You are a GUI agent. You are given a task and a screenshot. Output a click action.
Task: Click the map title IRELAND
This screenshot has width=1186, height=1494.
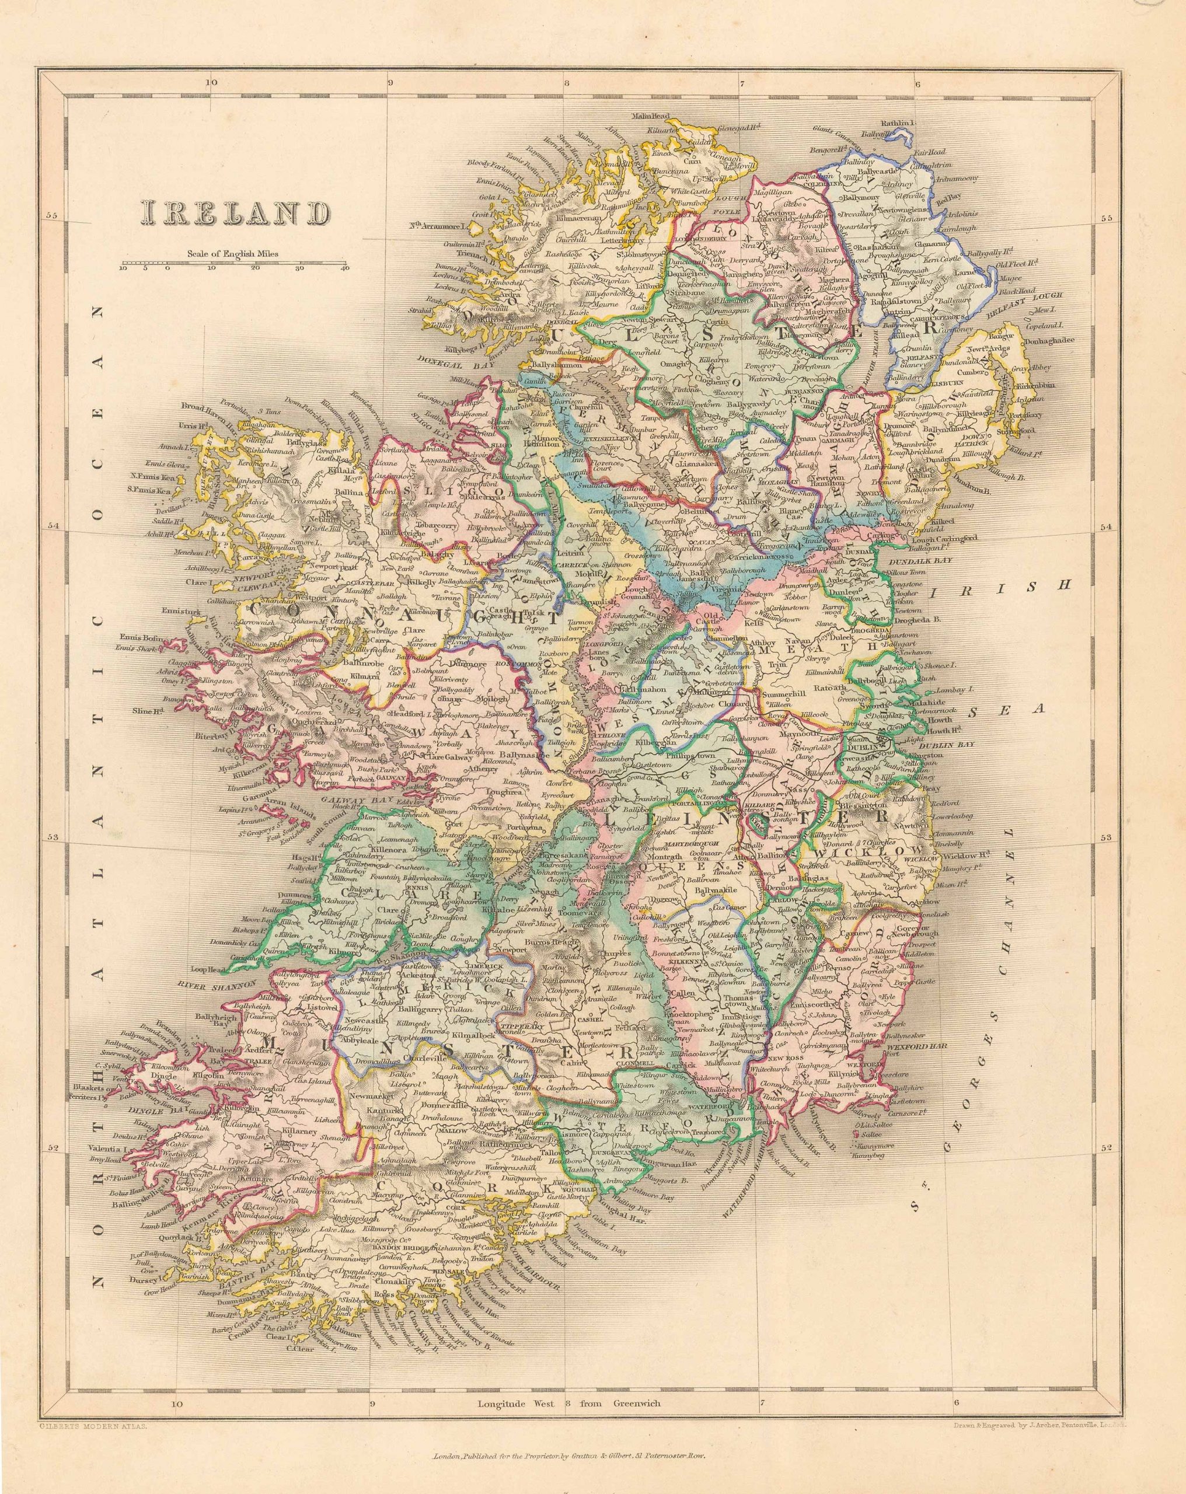(233, 214)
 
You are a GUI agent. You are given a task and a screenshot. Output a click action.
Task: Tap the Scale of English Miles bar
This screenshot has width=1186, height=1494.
(233, 264)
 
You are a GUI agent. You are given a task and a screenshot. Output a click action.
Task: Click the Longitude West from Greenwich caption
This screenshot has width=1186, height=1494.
(568, 1364)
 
